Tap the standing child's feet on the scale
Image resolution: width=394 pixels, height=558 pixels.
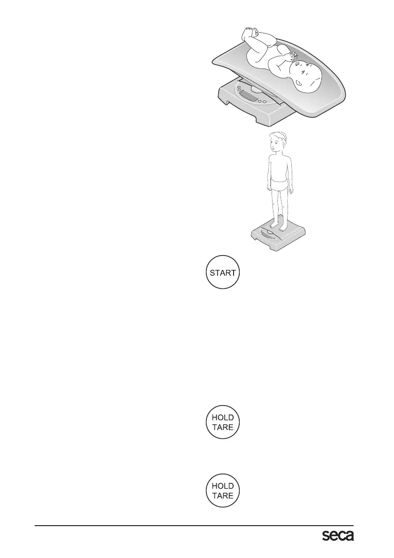point(278,226)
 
